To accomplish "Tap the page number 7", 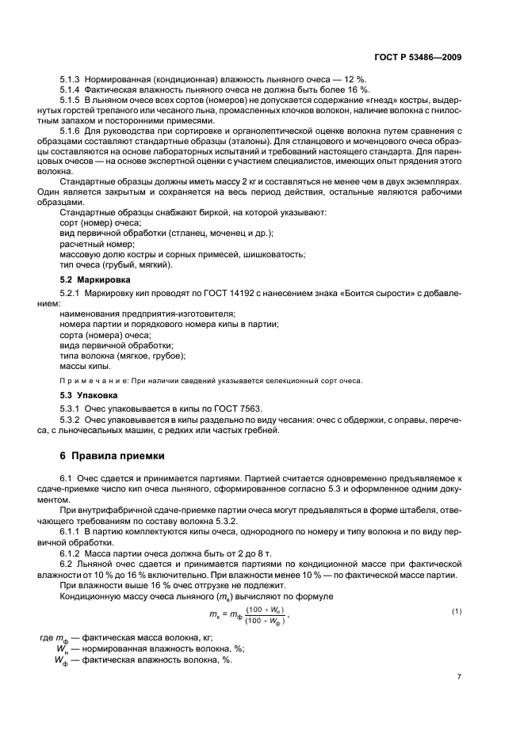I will tap(459, 677).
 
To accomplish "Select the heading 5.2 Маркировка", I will tap(92, 280).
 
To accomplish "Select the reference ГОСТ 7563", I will tap(230, 408).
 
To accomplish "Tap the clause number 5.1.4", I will tap(73, 91).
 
